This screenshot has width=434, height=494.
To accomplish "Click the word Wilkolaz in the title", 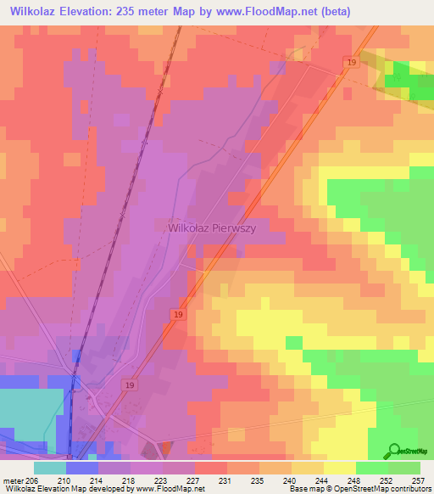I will pyautogui.click(x=37, y=11).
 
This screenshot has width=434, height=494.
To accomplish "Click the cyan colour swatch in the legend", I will pyautogui.click(x=49, y=468).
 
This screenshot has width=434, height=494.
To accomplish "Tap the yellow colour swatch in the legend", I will pyautogui.click(x=339, y=468).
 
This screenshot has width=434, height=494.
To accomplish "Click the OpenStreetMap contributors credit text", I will pyautogui.click(x=373, y=489).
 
